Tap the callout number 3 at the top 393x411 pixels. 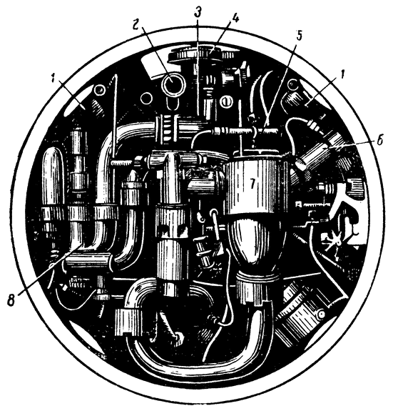pyautogui.click(x=198, y=13)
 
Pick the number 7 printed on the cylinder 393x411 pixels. pyautogui.click(x=252, y=184)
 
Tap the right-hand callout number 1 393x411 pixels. pyautogui.click(x=343, y=78)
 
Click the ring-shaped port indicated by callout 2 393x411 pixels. pyautogui.click(x=173, y=84)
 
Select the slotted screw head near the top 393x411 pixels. pyautogui.click(x=225, y=101)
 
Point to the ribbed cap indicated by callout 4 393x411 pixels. pyautogui.click(x=201, y=54)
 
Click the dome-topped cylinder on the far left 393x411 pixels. pyautogui.click(x=53, y=178)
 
